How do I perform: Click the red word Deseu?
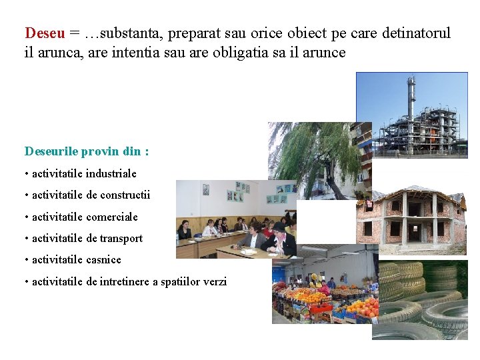click(x=45, y=33)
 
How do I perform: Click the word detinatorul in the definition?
click(x=416, y=33)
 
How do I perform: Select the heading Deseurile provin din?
click(x=86, y=151)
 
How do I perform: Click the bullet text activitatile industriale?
click(x=84, y=173)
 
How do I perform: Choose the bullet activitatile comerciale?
click(x=85, y=217)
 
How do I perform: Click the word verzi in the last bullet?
click(x=213, y=281)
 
